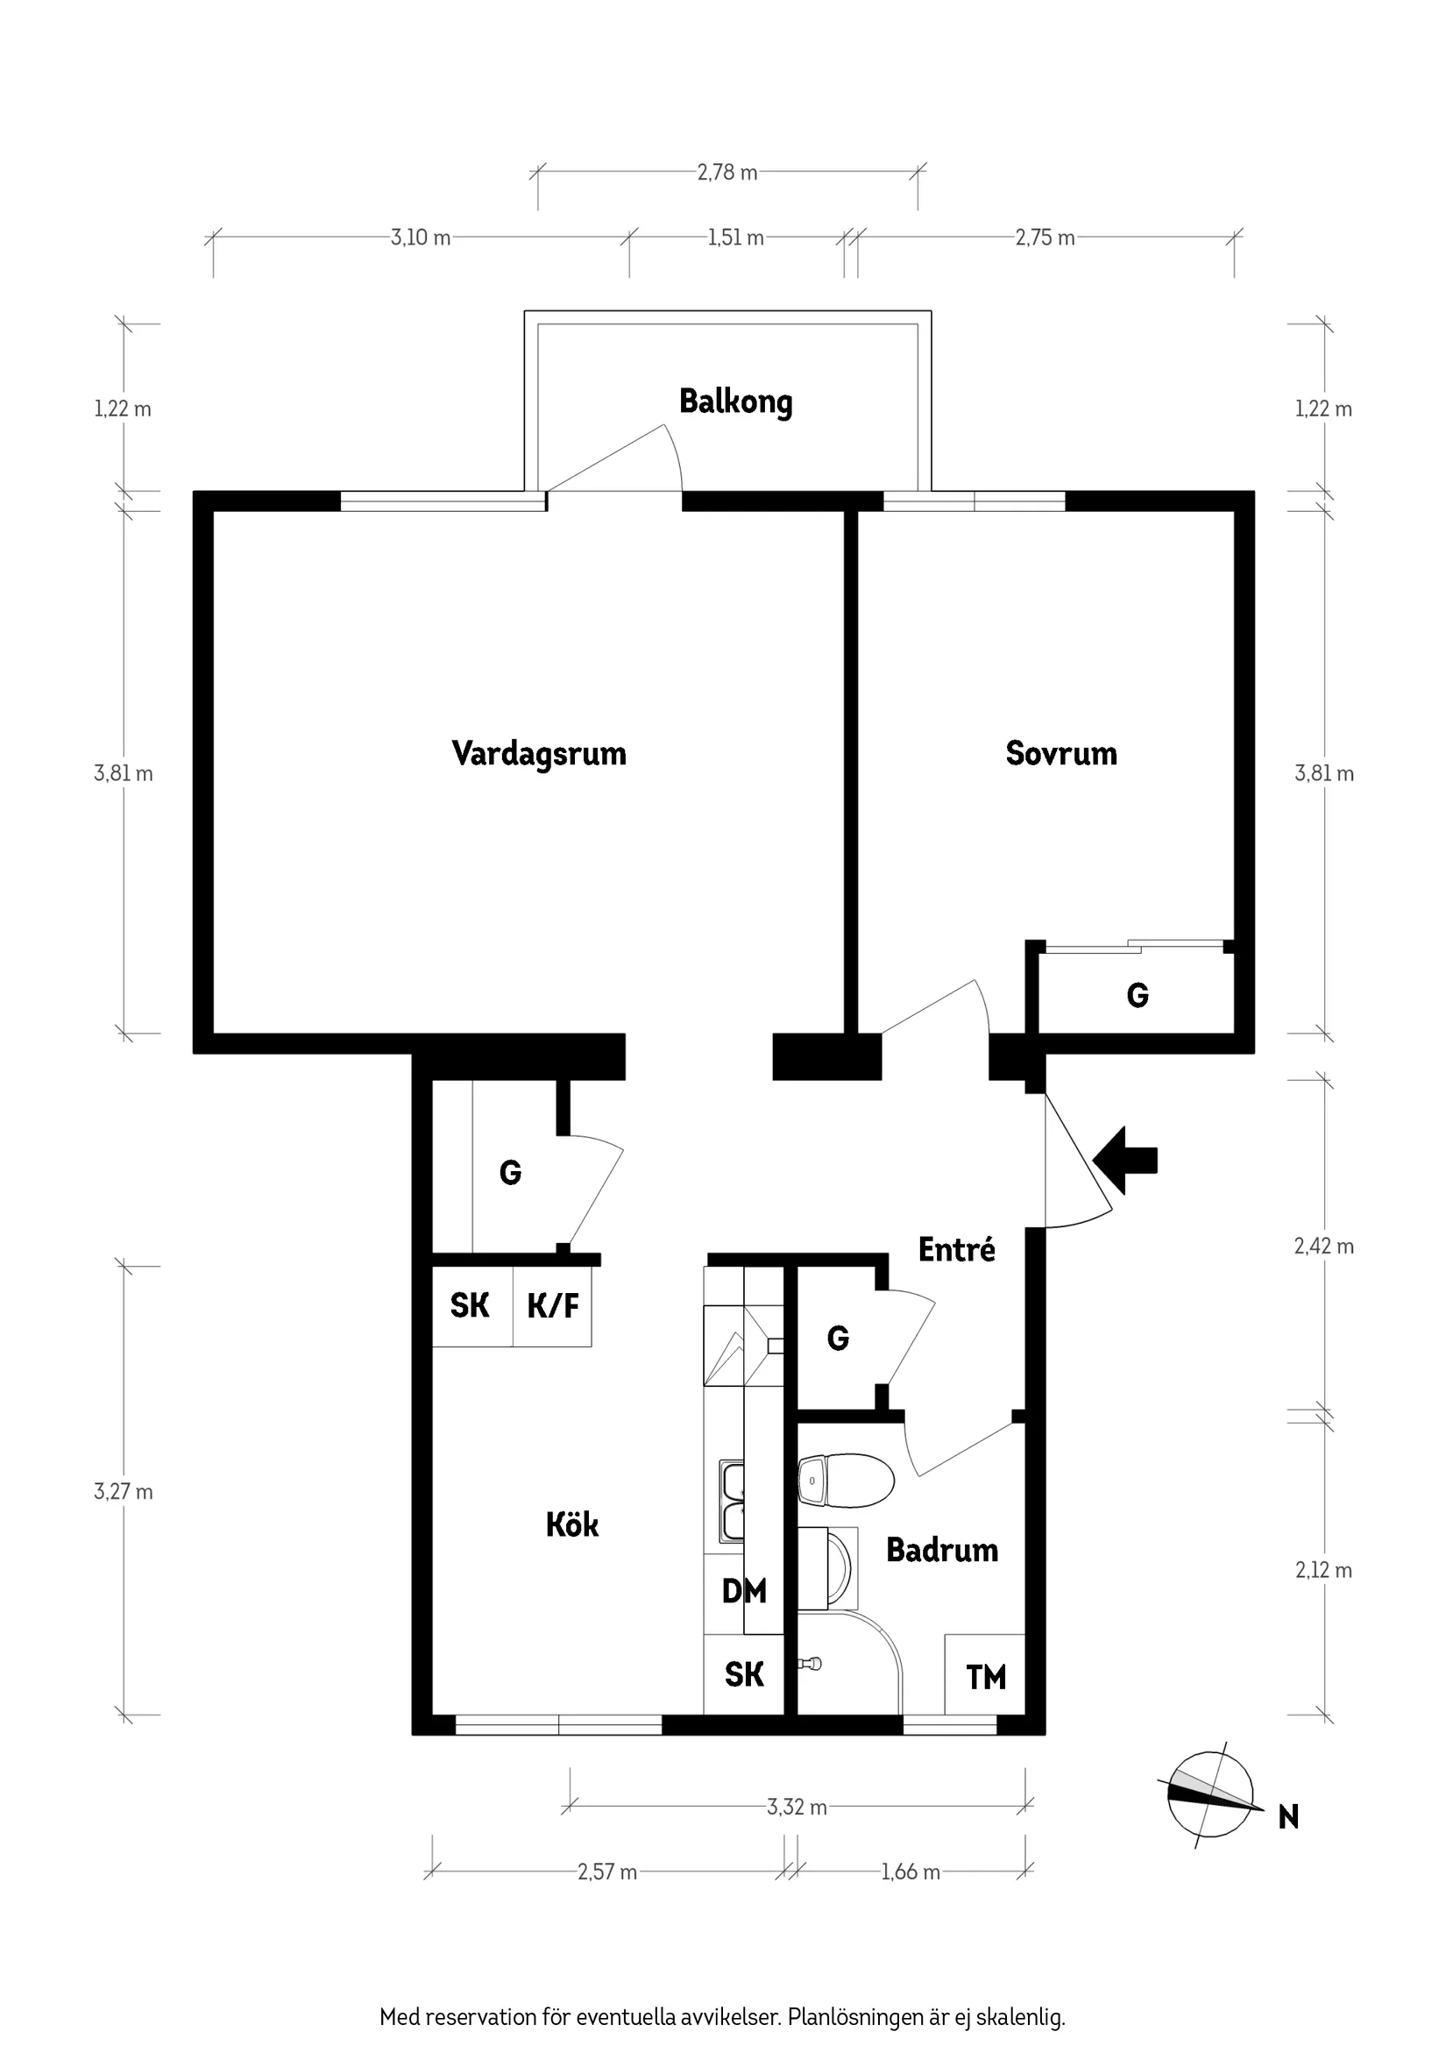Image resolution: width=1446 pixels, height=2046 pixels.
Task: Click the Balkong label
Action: [x=735, y=401]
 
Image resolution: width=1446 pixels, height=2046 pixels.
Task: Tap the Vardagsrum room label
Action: [x=538, y=753]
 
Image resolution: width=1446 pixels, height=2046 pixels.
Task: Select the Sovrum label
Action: [x=1060, y=753]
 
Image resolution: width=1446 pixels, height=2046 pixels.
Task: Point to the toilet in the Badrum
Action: [x=846, y=1481]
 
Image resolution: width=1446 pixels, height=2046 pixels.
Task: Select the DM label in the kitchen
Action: [x=743, y=1591]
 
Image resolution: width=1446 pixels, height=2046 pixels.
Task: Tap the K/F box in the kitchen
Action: [x=552, y=1306]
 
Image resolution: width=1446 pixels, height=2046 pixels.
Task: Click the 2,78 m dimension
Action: [x=727, y=172]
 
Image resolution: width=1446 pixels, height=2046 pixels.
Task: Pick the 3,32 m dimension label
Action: [x=797, y=1808]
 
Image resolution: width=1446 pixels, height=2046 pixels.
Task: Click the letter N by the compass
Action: [x=1288, y=1816]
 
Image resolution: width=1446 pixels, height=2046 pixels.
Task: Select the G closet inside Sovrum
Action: [x=1137, y=994]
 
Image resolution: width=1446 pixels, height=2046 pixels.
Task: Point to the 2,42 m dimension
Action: [x=1323, y=1246]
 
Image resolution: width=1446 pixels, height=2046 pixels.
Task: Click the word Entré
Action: [x=956, y=1249]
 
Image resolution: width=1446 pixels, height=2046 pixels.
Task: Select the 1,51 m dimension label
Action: [x=736, y=238]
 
